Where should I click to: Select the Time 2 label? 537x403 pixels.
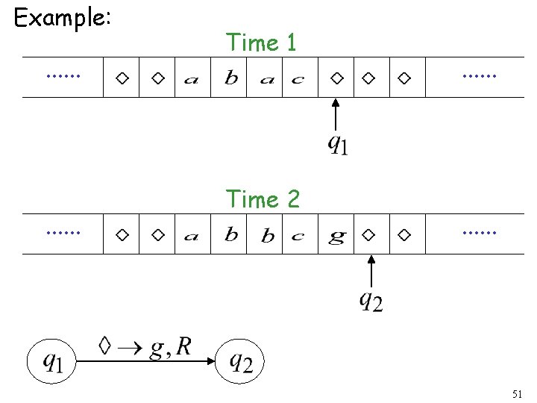(263, 199)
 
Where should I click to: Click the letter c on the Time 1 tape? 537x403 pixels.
(298, 79)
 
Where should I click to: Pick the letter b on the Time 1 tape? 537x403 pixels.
(232, 78)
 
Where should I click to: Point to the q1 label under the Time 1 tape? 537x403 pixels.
(338, 143)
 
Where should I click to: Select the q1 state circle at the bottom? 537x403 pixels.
(52, 363)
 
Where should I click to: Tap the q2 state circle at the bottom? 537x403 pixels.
(240, 363)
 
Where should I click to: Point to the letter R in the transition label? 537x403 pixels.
(183, 346)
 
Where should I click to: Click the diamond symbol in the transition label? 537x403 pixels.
(105, 346)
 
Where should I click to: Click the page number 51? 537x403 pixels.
(518, 393)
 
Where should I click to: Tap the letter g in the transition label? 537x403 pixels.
(155, 349)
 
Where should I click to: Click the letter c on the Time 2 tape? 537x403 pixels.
(298, 237)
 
